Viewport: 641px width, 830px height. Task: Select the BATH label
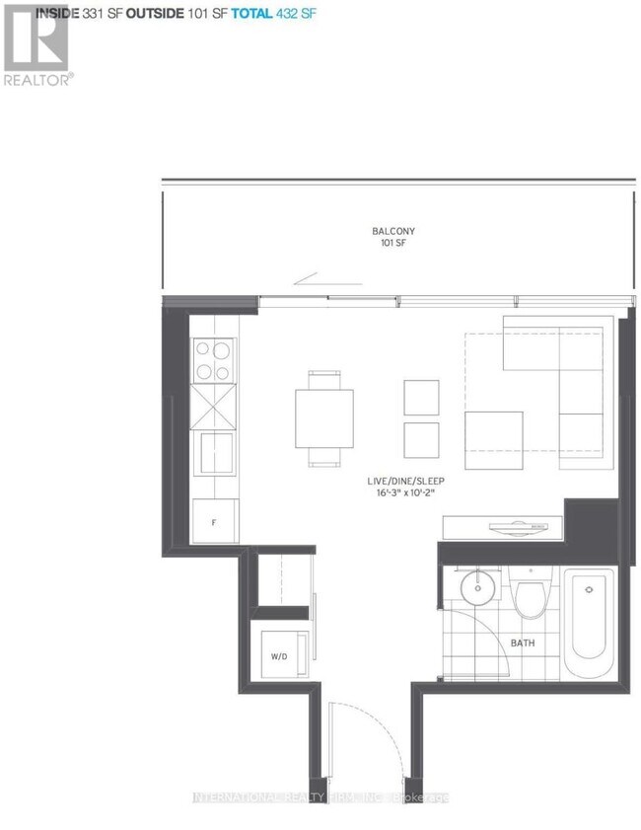point(523,643)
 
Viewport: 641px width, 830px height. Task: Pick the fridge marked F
point(214,521)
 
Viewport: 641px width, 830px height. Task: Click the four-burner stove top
point(213,359)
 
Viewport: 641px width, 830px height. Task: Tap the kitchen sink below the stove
point(214,454)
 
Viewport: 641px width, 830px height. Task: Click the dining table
point(324,417)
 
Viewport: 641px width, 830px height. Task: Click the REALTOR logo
point(36,44)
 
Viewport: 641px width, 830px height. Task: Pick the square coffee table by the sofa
point(494,441)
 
